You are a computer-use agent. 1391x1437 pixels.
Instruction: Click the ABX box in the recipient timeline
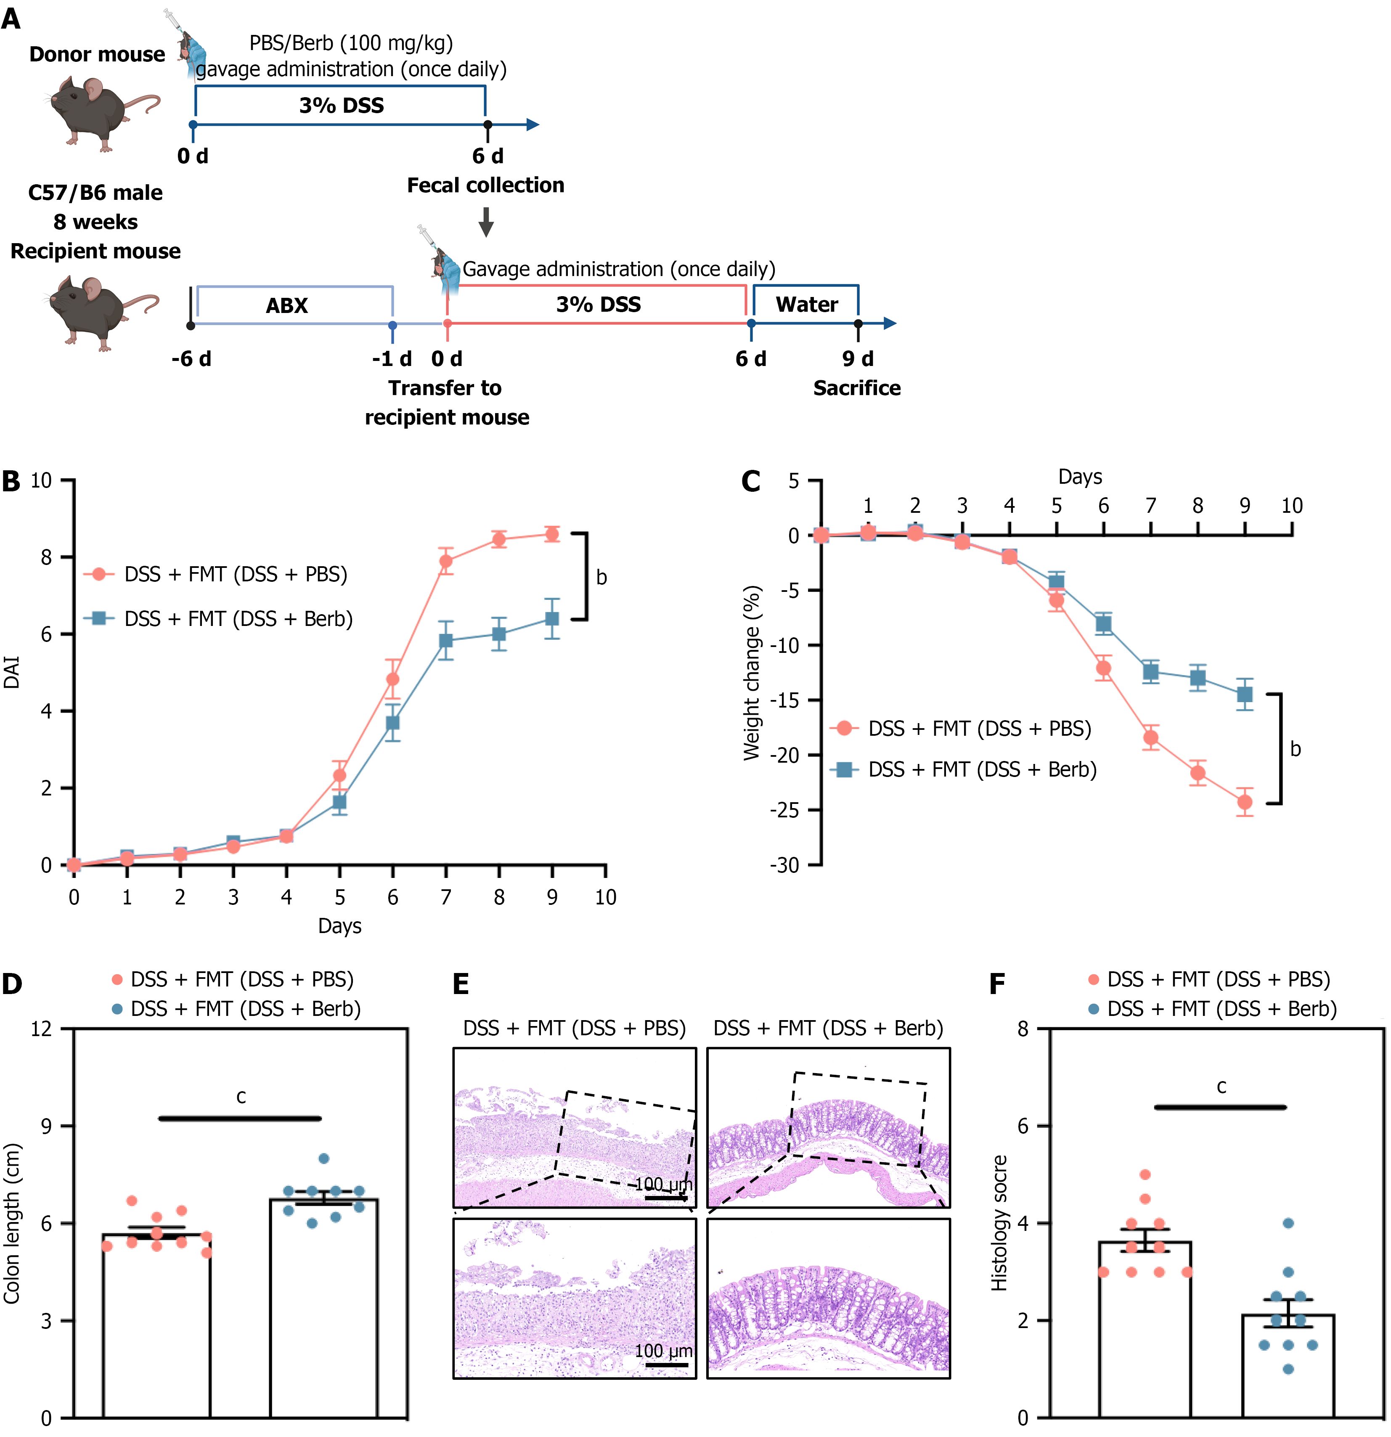[287, 305]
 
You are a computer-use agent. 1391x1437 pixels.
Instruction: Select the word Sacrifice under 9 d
[856, 388]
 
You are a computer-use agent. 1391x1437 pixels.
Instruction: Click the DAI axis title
[12, 672]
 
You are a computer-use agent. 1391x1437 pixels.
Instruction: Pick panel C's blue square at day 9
[1244, 694]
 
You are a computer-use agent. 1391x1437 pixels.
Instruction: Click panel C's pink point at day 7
[1150, 737]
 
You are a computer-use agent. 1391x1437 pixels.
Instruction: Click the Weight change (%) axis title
[752, 672]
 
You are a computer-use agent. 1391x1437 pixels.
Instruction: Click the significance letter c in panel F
[1221, 1087]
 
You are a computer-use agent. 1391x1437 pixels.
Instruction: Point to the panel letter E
[461, 983]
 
